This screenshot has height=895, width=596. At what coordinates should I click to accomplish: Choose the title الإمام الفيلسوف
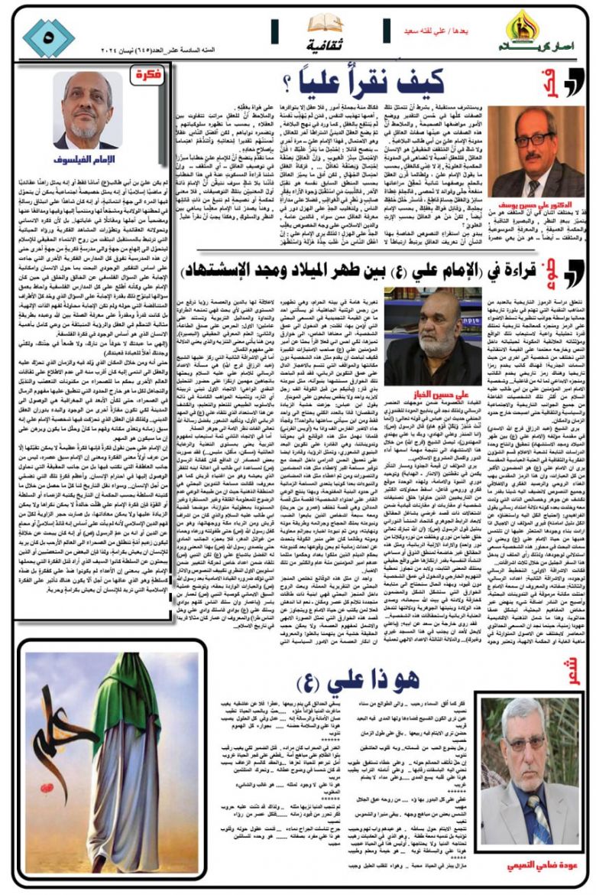86,160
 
